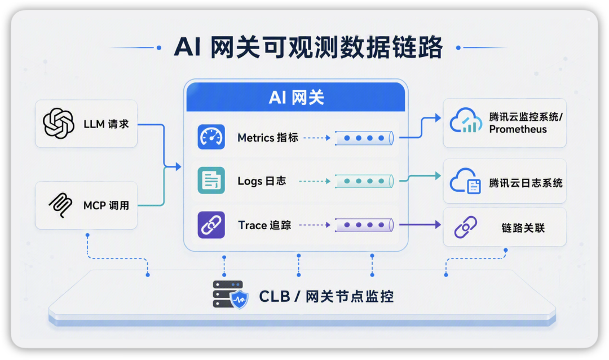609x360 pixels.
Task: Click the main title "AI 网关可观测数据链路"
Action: pyautogui.click(x=308, y=47)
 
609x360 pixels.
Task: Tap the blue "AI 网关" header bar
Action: pyautogui.click(x=295, y=97)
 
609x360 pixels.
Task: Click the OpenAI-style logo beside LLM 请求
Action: pyautogui.click(x=59, y=124)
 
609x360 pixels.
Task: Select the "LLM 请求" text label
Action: pyautogui.click(x=106, y=124)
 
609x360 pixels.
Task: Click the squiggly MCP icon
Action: pyautogui.click(x=60, y=205)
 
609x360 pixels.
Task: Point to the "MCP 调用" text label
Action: pyautogui.click(x=106, y=205)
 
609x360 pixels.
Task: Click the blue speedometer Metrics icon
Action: pyautogui.click(x=211, y=137)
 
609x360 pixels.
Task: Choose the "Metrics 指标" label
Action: pyautogui.click(x=268, y=138)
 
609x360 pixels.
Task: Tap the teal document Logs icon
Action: pyautogui.click(x=211, y=181)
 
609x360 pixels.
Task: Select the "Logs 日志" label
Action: pyautogui.click(x=262, y=181)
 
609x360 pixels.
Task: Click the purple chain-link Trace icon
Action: pyautogui.click(x=211, y=225)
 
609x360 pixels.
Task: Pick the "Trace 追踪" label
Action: pyautogui.click(x=264, y=225)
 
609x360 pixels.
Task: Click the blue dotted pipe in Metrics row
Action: pyautogui.click(x=364, y=138)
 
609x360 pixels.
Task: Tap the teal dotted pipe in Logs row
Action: pyautogui.click(x=364, y=181)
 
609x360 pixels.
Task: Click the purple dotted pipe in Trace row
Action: pyautogui.click(x=364, y=225)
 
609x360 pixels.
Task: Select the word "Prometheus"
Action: pyautogui.click(x=518, y=129)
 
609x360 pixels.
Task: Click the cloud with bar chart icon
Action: pyautogui.click(x=464, y=121)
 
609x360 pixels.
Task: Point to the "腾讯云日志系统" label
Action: pyautogui.click(x=526, y=183)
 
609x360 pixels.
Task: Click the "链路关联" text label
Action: pyautogui.click(x=523, y=228)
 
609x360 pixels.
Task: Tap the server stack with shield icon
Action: pyautogui.click(x=230, y=295)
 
